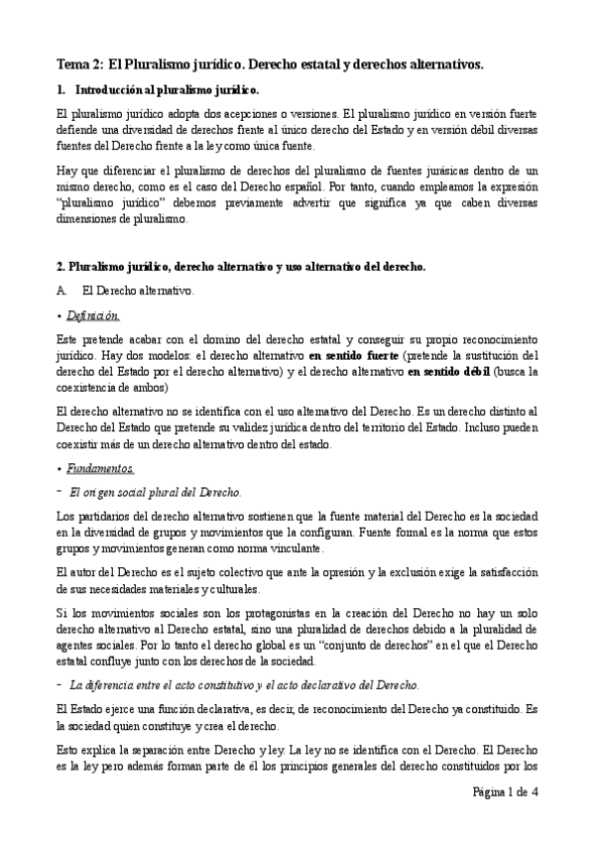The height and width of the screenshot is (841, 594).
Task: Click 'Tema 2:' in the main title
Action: click(x=78, y=64)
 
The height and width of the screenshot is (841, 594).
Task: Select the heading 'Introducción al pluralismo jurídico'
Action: click(x=175, y=90)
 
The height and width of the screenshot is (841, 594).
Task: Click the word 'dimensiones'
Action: click(x=85, y=218)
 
